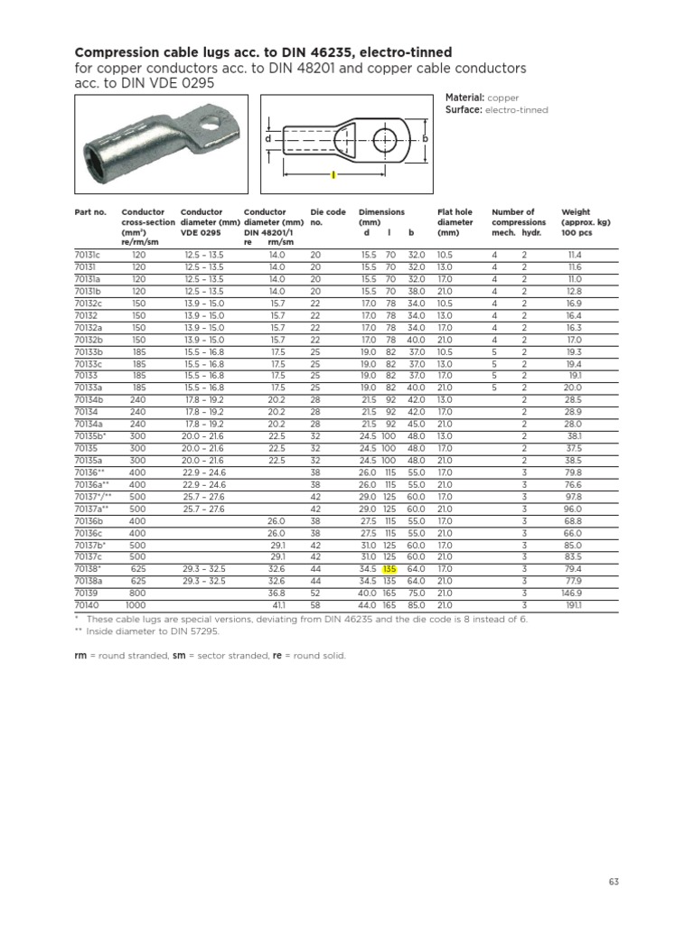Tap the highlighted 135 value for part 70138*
point(390,569)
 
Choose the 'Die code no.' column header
point(323,217)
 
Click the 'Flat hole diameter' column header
point(456,221)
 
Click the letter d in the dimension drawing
point(267,140)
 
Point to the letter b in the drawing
point(424,138)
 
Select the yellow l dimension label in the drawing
point(333,173)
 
